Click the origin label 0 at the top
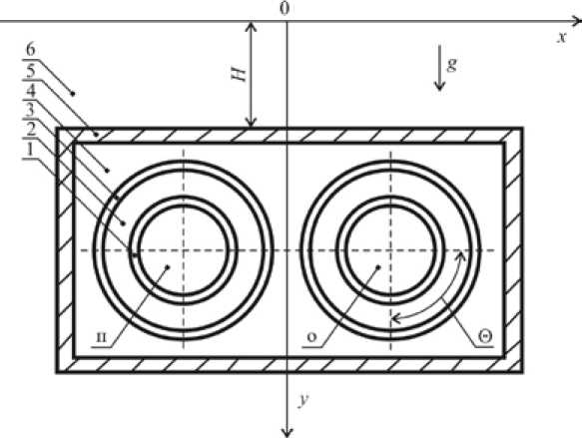coord(285,8)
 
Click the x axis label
coord(562,37)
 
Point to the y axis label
coord(304,400)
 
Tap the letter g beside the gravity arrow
coord(451,64)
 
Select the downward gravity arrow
coord(440,68)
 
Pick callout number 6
coord(31,50)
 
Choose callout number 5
coord(31,71)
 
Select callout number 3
coord(30,110)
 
